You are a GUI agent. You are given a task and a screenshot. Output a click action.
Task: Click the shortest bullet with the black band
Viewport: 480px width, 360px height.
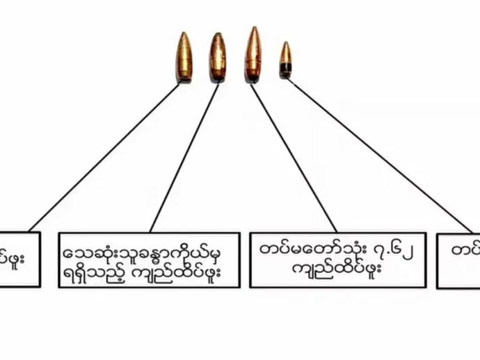tap(285, 60)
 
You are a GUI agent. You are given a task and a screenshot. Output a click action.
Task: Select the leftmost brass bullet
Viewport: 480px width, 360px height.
tap(184, 57)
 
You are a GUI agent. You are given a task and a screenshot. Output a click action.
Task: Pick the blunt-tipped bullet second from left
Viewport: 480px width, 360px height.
tap(218, 58)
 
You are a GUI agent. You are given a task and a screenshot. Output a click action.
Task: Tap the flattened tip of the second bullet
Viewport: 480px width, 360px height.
tap(218, 35)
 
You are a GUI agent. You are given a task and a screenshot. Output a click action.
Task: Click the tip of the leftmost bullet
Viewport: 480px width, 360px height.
tap(184, 34)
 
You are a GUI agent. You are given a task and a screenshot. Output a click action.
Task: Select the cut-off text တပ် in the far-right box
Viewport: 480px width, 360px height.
tap(465, 250)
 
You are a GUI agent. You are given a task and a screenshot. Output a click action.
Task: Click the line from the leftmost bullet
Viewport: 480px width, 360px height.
tap(104, 156)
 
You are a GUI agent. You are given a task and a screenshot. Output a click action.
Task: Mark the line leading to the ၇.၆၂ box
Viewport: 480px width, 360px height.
tap(292, 156)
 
